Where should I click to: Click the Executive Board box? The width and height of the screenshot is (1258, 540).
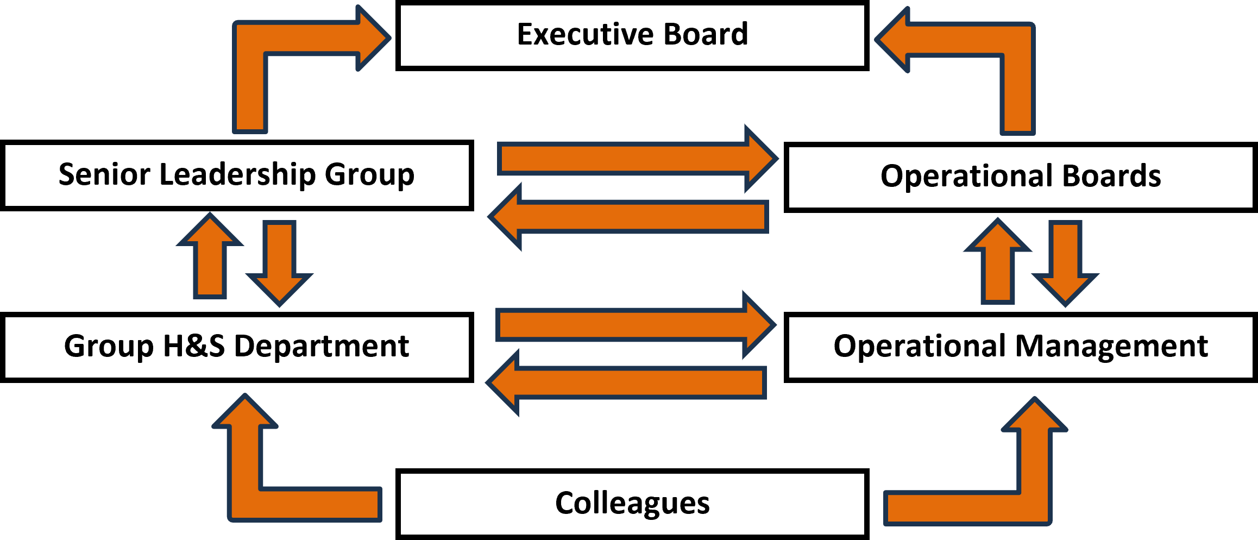click(632, 36)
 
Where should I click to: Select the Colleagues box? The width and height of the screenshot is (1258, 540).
click(632, 504)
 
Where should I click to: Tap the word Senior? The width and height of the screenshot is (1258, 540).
click(104, 174)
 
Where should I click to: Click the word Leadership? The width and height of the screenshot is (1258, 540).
click(237, 175)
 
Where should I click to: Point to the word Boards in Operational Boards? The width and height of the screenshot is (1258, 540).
click(1111, 176)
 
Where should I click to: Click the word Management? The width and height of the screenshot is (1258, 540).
click(1111, 346)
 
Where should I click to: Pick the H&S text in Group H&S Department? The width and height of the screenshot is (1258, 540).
click(193, 346)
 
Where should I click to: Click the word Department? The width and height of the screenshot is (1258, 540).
click(321, 346)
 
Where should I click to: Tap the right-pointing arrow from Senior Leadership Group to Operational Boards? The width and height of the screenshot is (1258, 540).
click(638, 159)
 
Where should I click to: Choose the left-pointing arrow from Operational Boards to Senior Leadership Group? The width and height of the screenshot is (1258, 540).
click(628, 217)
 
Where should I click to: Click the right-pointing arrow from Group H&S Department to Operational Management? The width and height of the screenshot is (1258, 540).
click(636, 325)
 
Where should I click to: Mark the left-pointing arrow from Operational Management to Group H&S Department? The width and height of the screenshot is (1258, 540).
click(626, 383)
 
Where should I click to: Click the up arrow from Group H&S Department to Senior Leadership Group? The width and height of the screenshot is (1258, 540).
click(210, 255)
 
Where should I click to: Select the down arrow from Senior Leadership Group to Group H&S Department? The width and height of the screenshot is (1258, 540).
click(280, 264)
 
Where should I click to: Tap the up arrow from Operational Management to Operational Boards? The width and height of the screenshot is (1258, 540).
click(998, 261)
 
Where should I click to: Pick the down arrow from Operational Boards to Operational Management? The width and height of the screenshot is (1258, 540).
click(1065, 264)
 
